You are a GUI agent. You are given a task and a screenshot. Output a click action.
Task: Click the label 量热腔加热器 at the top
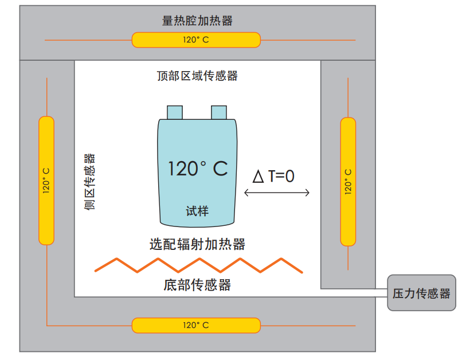197,21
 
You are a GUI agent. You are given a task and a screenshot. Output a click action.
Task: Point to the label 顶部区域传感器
197,76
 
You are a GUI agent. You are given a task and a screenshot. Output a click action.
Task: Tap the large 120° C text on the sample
197,169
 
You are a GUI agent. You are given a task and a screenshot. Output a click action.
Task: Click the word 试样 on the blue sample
197,211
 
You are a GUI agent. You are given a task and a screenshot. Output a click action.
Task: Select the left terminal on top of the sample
175,112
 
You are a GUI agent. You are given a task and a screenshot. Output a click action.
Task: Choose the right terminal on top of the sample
219,112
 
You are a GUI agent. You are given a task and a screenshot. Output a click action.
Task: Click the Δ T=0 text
273,176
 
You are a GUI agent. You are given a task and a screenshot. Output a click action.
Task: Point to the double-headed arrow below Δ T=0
277,193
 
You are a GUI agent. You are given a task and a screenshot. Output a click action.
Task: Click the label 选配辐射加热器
197,244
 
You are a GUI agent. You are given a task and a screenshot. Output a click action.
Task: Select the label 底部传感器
197,284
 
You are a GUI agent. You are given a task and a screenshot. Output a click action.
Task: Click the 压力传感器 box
421,294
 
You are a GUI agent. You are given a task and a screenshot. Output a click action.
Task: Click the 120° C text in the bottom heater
196,325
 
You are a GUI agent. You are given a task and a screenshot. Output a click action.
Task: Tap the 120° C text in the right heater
348,182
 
